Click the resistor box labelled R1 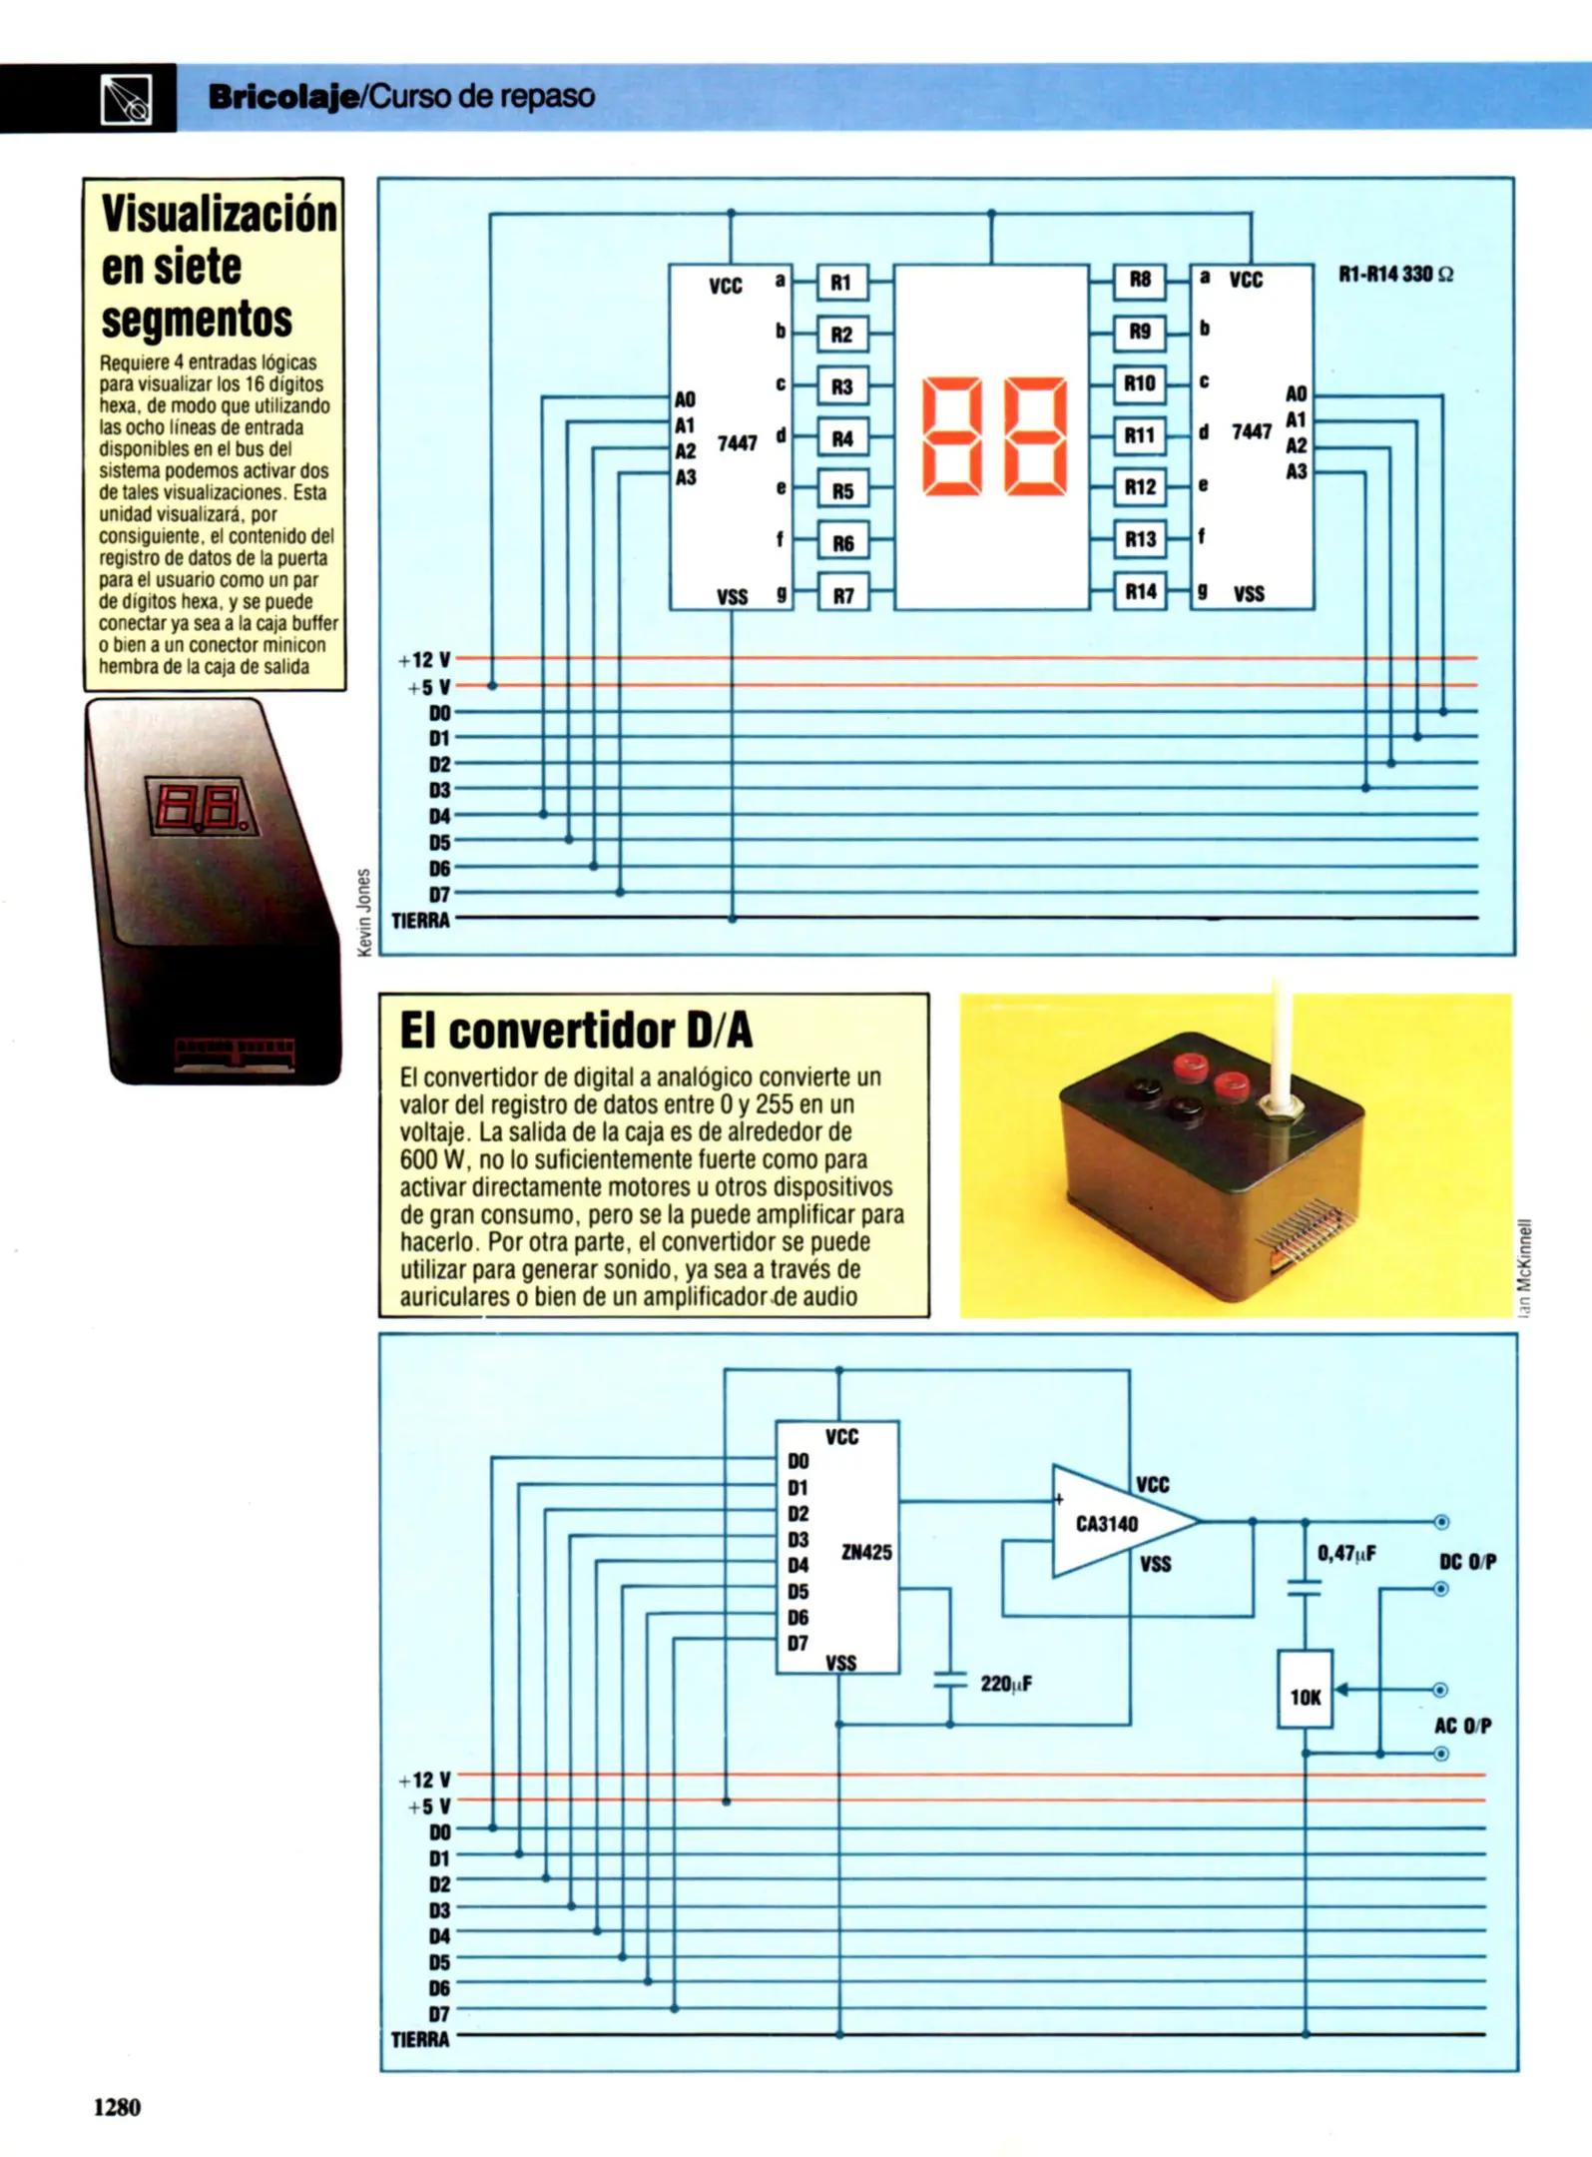pos(841,283)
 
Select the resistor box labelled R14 pos(1140,592)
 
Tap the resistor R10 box pos(1139,383)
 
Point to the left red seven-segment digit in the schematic pos(951,435)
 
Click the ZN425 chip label pos(866,1552)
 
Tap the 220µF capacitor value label pos(1006,1684)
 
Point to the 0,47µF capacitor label pos(1346,1553)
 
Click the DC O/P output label pos(1467,1562)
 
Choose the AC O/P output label pos(1462,1726)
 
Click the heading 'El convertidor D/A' pos(576,1031)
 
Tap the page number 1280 pos(117,2107)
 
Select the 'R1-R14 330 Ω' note pos(1395,275)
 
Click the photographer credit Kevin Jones pos(364,911)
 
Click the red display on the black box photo pos(202,807)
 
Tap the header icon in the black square pos(127,98)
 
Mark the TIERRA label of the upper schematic pos(420,921)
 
